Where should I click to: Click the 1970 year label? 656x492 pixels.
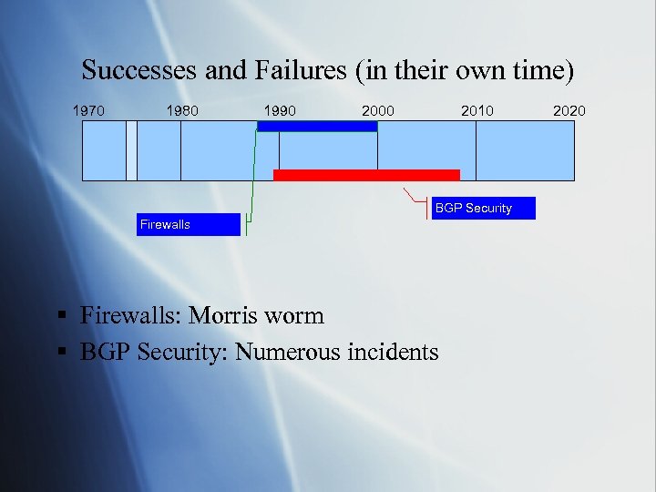tap(88, 111)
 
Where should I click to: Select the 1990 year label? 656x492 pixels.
tap(279, 111)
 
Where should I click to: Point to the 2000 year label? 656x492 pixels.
tap(378, 111)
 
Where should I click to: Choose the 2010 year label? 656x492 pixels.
tap(477, 111)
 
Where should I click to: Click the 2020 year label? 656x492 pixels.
tap(570, 111)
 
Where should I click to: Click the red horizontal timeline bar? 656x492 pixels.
tap(366, 175)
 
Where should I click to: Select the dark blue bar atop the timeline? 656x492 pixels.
tap(317, 127)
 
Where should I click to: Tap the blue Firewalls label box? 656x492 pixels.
tap(190, 224)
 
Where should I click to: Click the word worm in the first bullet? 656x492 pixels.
tap(297, 316)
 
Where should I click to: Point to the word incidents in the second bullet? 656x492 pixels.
tap(393, 352)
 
